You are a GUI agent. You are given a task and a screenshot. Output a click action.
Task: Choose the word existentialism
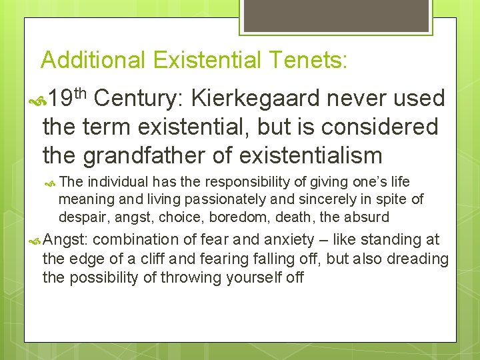coord(311,155)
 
